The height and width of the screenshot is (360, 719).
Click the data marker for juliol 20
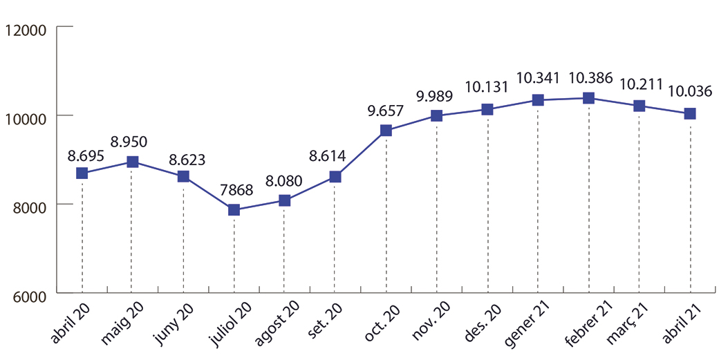point(234,210)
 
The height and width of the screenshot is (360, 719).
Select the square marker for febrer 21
point(588,98)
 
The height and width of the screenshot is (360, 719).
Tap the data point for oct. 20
point(386,131)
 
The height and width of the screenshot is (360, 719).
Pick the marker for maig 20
point(133,162)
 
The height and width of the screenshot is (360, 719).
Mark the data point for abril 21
point(690,113)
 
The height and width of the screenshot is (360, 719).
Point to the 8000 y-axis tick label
point(28,206)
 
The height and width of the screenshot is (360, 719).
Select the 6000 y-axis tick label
point(28,296)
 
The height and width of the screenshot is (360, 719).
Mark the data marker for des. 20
point(487,109)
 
